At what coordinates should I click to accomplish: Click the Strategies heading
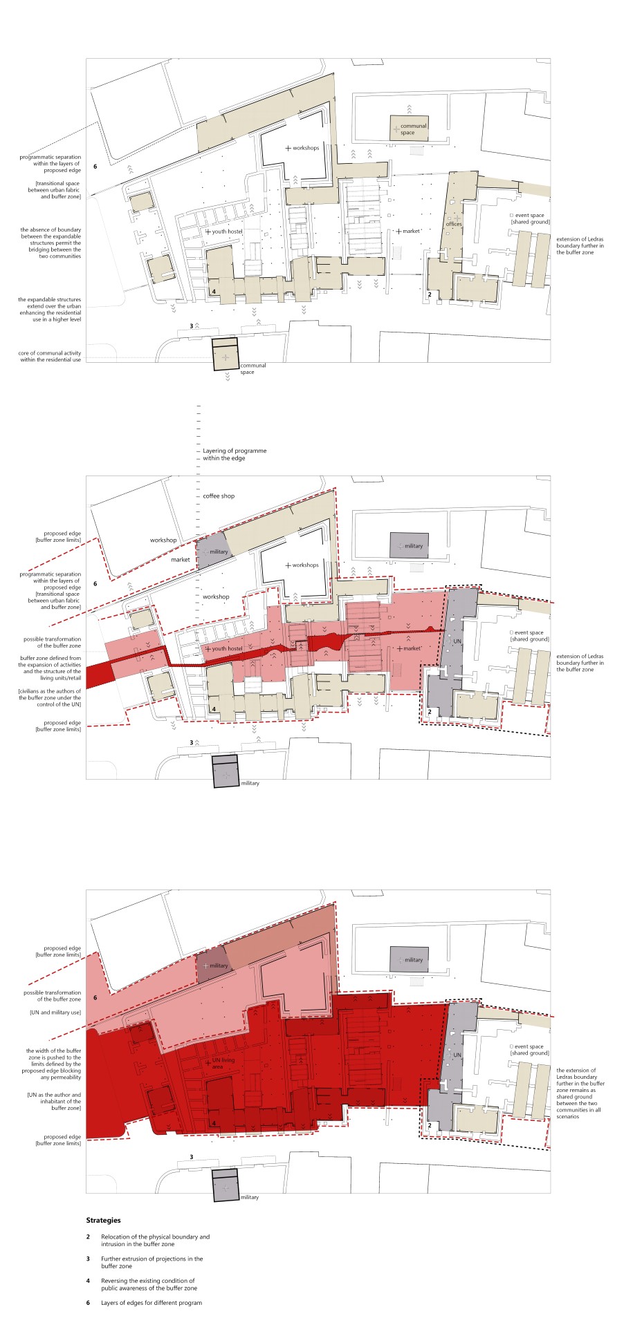103,1221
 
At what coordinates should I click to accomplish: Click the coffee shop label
219,496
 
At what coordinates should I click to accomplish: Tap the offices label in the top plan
454,224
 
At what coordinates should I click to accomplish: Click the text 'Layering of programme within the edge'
225,455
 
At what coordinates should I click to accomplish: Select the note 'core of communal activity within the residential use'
50,357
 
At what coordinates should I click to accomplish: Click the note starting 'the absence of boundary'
51,243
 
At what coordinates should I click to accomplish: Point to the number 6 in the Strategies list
88,1303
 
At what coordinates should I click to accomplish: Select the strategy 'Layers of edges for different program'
152,1303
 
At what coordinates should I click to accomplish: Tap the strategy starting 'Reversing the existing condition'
149,1284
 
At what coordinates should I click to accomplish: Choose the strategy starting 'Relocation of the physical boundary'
155,1240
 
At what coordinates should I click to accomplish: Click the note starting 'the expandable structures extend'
50,310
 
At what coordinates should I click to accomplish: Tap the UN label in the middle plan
456,642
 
